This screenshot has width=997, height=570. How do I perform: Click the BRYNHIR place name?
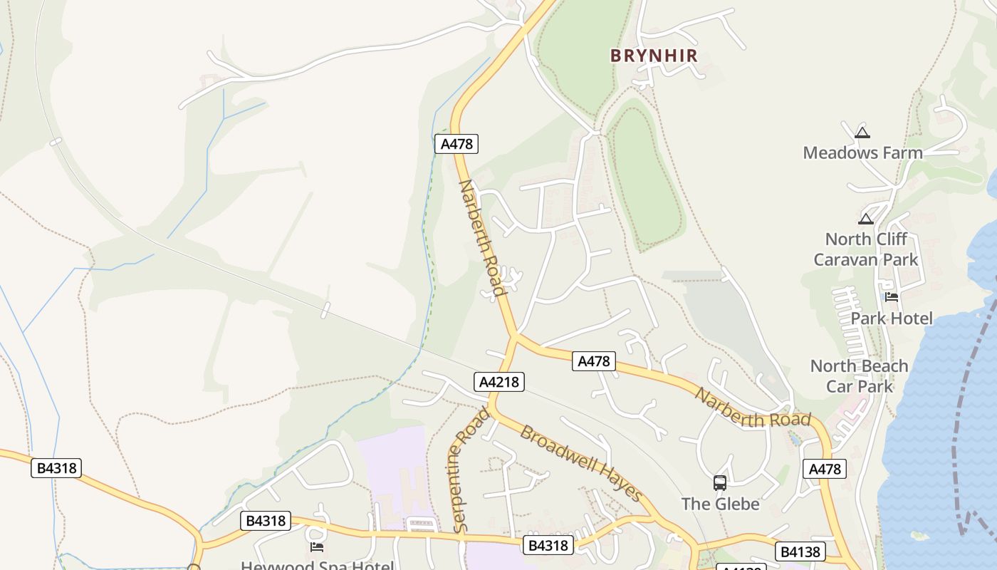(x=654, y=56)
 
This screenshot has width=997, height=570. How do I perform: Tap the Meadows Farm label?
(x=862, y=152)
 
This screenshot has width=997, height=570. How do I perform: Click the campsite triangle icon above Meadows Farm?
(x=862, y=133)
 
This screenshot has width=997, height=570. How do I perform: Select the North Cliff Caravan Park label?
(x=866, y=249)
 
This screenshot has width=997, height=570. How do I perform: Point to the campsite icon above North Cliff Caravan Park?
(x=866, y=219)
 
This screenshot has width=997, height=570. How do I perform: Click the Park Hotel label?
(x=892, y=318)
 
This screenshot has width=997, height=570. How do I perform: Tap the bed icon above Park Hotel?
(x=892, y=297)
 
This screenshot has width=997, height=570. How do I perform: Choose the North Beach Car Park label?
(x=859, y=376)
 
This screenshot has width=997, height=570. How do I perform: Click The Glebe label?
(x=720, y=504)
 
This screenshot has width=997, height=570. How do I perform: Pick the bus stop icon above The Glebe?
(x=720, y=483)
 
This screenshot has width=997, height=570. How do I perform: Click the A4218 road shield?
(x=499, y=382)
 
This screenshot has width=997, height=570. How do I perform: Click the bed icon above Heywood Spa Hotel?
(x=317, y=546)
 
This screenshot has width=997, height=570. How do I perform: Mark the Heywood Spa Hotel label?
(x=317, y=566)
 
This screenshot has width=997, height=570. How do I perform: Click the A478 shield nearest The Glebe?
(x=825, y=469)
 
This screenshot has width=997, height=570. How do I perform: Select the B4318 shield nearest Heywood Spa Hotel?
(x=266, y=521)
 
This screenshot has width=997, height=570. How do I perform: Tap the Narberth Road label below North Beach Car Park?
(x=753, y=409)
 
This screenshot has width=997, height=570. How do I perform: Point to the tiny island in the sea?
(x=919, y=536)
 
